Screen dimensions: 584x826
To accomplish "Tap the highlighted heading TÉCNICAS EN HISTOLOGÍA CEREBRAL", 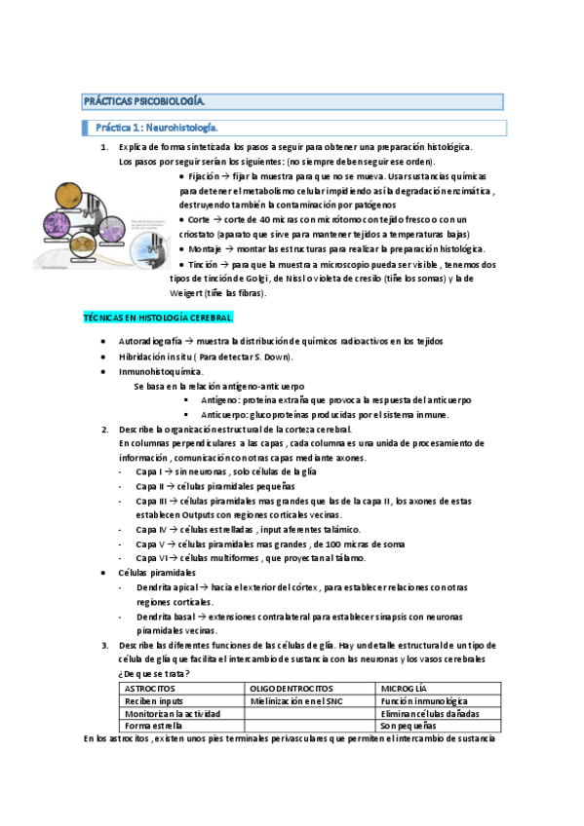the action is pos(157,318).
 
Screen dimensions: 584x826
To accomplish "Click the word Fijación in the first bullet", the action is pos(202,177).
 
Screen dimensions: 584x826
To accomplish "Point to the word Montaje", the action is pos(205,250).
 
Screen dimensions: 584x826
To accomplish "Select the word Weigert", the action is pos(189,293).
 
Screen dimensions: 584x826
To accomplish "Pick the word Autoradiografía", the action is pos(150,341).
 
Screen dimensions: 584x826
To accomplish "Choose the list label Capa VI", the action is pos(150,558).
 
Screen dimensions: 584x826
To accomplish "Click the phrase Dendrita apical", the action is pos(163,587).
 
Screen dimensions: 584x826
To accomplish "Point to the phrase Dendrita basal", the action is pos(162,617).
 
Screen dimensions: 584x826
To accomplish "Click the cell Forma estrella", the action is pos(153,726).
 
